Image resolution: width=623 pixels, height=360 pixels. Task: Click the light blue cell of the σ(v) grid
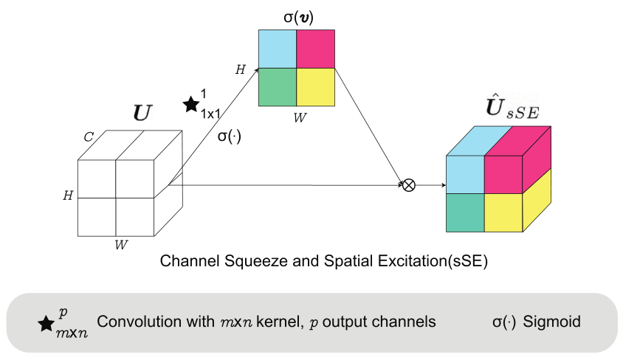[x=277, y=49]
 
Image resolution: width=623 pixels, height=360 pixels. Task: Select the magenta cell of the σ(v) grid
[x=315, y=49]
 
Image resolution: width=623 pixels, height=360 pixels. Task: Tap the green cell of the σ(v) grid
[x=277, y=87]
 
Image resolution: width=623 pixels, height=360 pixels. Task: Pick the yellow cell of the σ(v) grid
[x=315, y=87]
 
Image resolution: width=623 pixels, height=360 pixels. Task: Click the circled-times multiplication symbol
[x=407, y=185]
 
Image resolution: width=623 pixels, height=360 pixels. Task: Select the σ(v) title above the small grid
[x=296, y=15]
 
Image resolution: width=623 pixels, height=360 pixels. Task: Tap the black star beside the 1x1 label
[x=192, y=105]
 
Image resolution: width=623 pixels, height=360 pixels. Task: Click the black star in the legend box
[x=47, y=323]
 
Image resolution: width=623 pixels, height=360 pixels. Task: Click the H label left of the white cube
[x=68, y=195]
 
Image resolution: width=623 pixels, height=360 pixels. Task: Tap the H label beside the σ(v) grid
[x=240, y=70]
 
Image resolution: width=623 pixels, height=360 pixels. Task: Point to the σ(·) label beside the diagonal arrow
[x=229, y=136]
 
